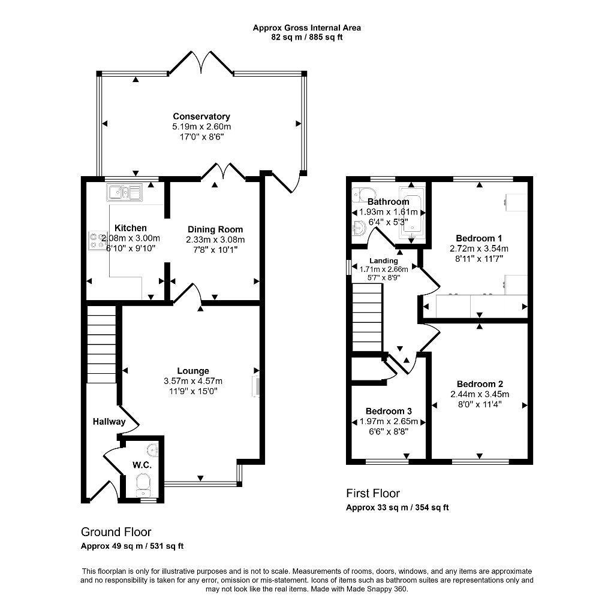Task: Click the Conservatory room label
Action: (x=201, y=116)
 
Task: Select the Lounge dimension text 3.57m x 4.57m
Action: (x=192, y=381)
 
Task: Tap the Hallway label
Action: (x=109, y=422)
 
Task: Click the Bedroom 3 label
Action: (x=389, y=411)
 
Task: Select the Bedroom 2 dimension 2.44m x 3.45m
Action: (x=480, y=394)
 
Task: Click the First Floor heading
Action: (x=372, y=493)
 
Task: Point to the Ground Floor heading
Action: (x=116, y=531)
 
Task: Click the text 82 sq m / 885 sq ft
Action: (x=306, y=37)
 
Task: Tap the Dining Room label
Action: (x=215, y=229)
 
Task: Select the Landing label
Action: (x=383, y=261)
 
